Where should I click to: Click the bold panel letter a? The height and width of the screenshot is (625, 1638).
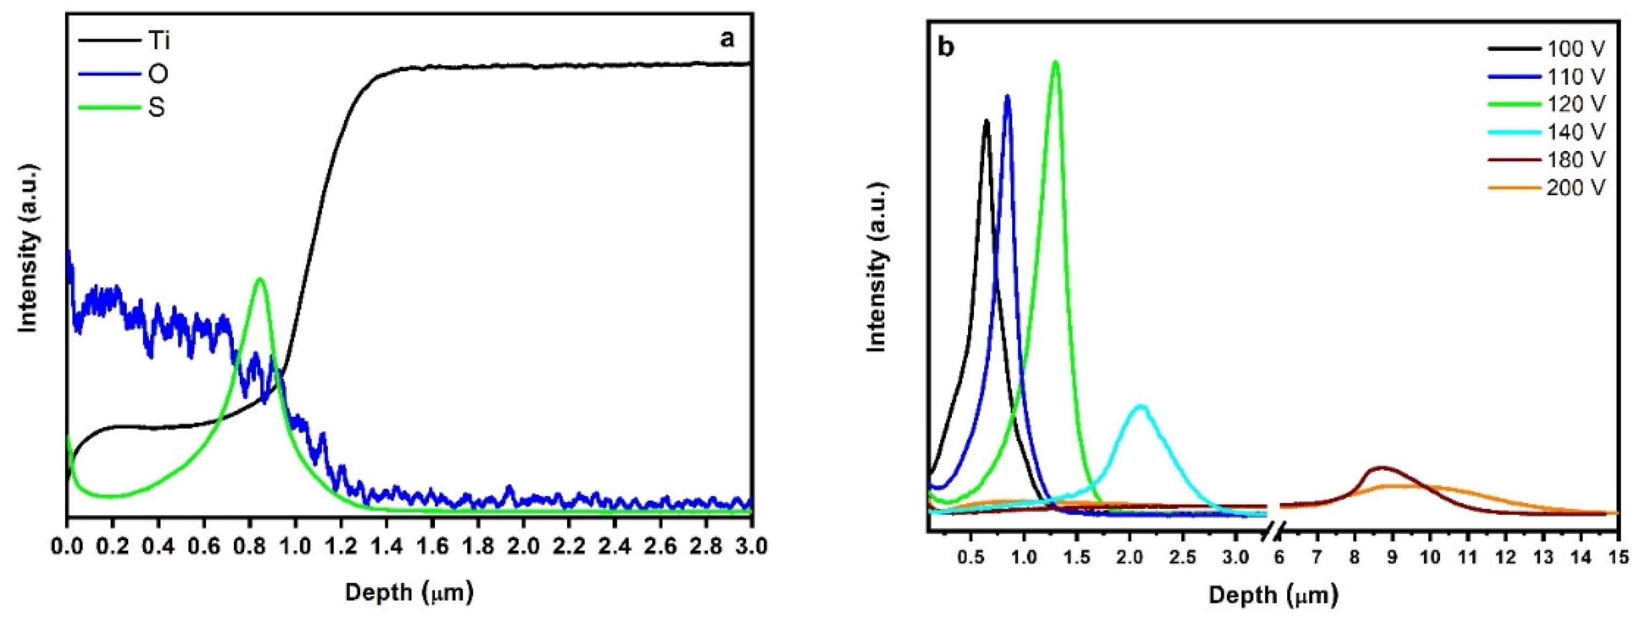(727, 39)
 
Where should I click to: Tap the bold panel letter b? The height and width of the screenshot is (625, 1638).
(946, 49)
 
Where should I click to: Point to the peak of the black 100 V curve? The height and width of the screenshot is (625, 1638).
(986, 120)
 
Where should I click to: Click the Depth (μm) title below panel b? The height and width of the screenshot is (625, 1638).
(1273, 595)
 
